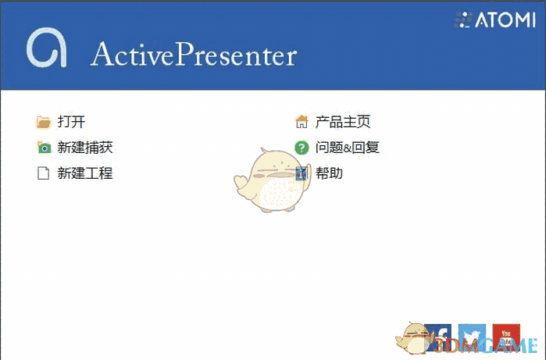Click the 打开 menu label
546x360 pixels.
click(x=71, y=122)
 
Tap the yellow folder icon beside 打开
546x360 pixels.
click(x=44, y=122)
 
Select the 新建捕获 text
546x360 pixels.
click(x=85, y=148)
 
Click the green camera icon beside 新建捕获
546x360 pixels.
click(x=44, y=148)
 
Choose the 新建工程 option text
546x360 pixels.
click(x=85, y=173)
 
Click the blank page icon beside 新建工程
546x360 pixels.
click(x=44, y=173)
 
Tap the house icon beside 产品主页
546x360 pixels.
click(x=302, y=122)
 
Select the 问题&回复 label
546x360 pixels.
click(x=347, y=148)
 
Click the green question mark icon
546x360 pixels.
click(x=302, y=148)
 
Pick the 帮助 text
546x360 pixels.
click(x=329, y=173)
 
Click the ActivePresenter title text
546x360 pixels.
click(x=194, y=55)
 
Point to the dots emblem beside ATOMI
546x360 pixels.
click(x=464, y=20)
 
